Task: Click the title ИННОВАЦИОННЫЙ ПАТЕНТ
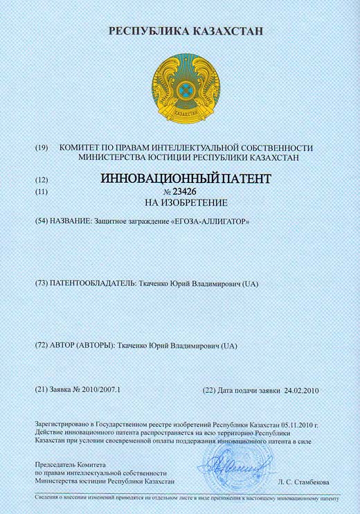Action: (181, 179)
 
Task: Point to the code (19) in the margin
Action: (42, 148)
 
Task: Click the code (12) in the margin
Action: (42, 179)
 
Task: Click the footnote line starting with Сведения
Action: (187, 498)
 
